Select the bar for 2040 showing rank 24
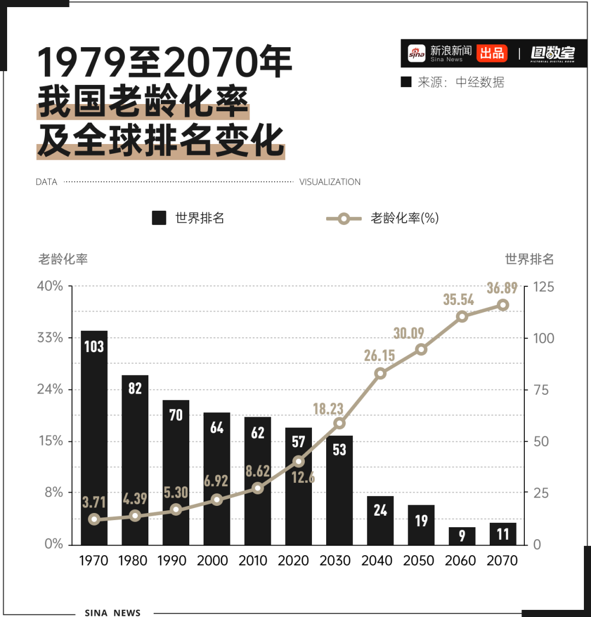point(380,520)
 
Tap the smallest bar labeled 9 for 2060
point(462,535)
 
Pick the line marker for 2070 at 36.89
point(503,305)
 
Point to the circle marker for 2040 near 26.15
point(380,373)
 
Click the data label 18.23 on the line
point(328,408)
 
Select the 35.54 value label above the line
point(459,299)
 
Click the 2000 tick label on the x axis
point(213,561)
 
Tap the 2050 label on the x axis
point(419,561)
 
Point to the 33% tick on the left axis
point(50,337)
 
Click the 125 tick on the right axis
point(543,286)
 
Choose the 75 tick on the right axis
point(541,390)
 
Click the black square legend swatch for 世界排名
point(159,218)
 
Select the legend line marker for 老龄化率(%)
point(343,218)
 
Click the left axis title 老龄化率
point(63,259)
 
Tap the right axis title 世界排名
point(529,259)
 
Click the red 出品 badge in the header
point(491,53)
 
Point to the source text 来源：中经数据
point(460,82)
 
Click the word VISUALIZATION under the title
point(330,182)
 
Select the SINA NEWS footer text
point(113,613)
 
